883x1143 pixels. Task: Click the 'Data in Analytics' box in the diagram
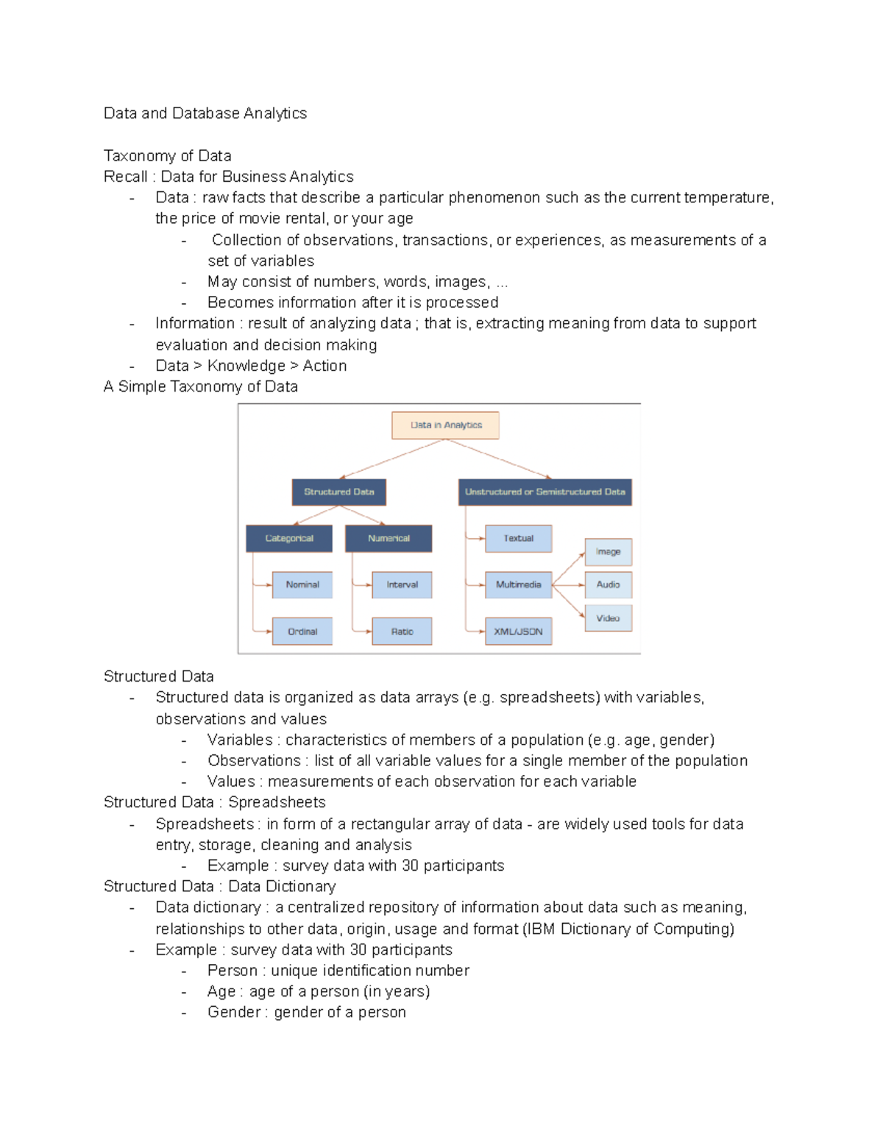(x=445, y=425)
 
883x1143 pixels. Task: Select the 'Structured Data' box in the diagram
(x=338, y=492)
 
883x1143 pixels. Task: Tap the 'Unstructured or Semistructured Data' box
(x=545, y=492)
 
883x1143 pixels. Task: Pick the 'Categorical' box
(x=289, y=539)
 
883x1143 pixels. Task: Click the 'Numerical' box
(x=389, y=539)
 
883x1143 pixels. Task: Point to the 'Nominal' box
(x=302, y=585)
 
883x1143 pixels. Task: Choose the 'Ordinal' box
(x=302, y=631)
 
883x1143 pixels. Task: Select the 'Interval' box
(x=402, y=585)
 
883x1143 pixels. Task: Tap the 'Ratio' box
(x=402, y=631)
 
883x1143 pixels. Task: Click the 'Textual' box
(x=518, y=539)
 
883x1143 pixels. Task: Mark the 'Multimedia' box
(x=518, y=585)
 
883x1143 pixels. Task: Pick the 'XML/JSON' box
(x=518, y=631)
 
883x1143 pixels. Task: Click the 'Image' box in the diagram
(x=608, y=552)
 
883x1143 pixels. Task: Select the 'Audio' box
(x=608, y=585)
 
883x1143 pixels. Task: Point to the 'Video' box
(x=608, y=618)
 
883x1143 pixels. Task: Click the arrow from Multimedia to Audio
(x=568, y=586)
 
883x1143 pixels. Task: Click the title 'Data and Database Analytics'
(x=205, y=113)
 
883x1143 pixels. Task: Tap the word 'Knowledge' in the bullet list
(x=246, y=366)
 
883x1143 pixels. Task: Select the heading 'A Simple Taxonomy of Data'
(x=201, y=386)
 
